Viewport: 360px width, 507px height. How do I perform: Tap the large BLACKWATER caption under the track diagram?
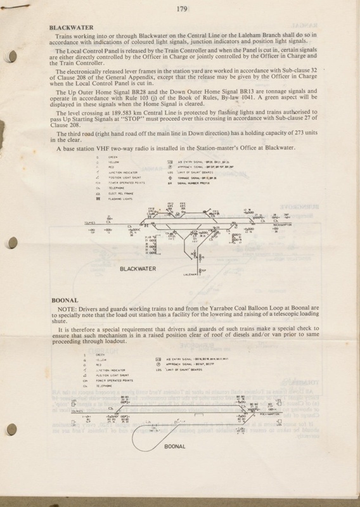pos(146,268)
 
